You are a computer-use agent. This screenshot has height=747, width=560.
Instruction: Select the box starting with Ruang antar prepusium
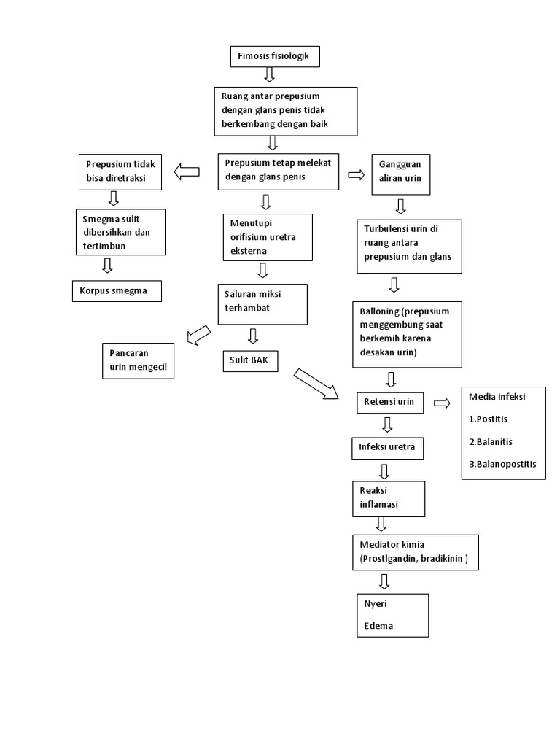(x=286, y=111)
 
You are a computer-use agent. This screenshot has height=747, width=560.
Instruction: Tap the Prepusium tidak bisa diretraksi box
(x=120, y=171)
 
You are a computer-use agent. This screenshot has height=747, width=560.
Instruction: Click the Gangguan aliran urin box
(x=401, y=174)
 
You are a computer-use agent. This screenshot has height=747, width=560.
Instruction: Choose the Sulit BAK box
(x=250, y=360)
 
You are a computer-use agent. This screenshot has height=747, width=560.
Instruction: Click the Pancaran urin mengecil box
(x=139, y=361)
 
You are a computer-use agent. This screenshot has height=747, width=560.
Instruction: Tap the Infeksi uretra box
(x=387, y=447)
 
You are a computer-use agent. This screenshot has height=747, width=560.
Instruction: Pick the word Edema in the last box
(x=378, y=626)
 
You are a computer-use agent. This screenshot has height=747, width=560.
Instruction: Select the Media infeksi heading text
(x=498, y=397)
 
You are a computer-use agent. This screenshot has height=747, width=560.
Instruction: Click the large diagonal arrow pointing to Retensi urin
(x=316, y=384)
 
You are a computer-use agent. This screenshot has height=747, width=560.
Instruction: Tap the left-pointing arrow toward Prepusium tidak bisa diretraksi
(x=187, y=172)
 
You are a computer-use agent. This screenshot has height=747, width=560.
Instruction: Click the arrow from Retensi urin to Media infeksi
(x=442, y=403)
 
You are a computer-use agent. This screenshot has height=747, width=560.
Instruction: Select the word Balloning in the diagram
(x=378, y=311)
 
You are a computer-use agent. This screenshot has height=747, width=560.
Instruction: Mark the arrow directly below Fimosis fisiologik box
(x=269, y=74)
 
